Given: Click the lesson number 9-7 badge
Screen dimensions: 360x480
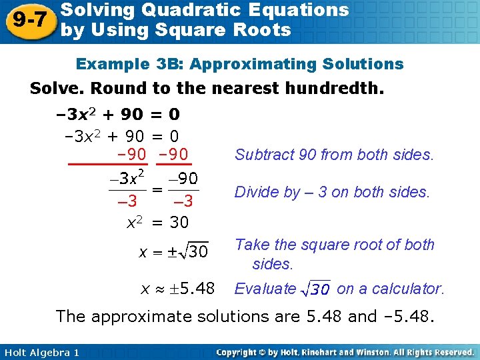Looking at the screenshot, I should pyautogui.click(x=29, y=20).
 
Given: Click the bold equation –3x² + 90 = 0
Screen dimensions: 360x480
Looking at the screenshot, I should pyautogui.click(x=117, y=114).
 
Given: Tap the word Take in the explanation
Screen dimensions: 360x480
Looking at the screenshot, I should pyautogui.click(x=251, y=245).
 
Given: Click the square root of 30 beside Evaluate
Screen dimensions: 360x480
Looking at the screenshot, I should pyautogui.click(x=316, y=289).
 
